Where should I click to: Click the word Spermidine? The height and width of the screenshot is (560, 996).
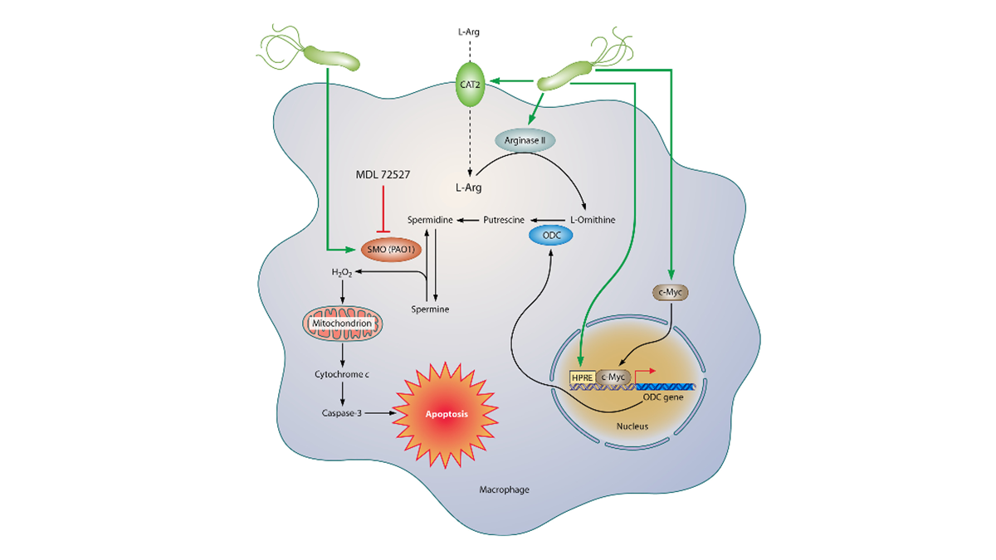[x=430, y=220]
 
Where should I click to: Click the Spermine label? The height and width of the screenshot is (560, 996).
[x=430, y=309]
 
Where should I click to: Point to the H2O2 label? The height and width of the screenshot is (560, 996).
[x=341, y=272]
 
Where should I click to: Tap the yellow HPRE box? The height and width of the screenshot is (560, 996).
[x=581, y=377]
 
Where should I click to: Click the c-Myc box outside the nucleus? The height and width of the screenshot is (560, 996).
[x=671, y=291]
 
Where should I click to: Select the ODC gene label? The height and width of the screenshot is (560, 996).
[x=663, y=399]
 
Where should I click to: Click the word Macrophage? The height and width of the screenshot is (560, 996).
[x=504, y=489]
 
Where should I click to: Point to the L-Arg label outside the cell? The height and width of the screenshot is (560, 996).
[x=469, y=32]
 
